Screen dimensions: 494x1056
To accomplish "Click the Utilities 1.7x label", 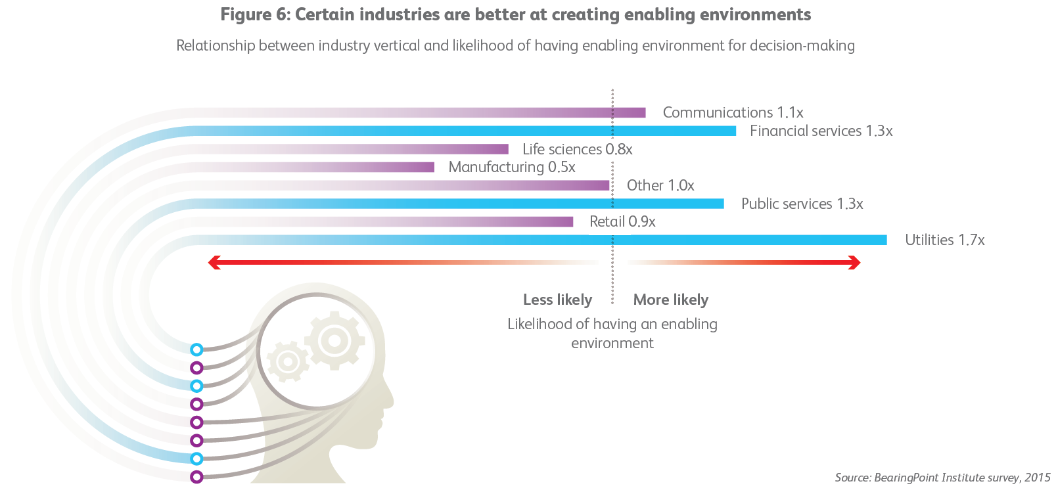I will [944, 240].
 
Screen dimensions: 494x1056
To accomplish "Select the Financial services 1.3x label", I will [821, 131].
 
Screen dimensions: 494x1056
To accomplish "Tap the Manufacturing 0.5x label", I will [511, 168].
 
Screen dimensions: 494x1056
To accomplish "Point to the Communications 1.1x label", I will [733, 113].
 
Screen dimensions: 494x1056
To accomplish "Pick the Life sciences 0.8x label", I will [577, 150].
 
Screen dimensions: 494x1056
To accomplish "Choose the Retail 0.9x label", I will [622, 222].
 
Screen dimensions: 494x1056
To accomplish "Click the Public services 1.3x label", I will [802, 204].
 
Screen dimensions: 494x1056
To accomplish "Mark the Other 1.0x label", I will [660, 186].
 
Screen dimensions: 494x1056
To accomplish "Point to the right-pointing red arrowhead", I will [855, 263].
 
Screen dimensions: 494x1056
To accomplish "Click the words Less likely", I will [557, 300].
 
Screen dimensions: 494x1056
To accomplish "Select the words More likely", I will [670, 300].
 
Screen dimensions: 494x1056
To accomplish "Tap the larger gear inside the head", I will [334, 340].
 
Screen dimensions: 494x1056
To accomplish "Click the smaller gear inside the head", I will [287, 361].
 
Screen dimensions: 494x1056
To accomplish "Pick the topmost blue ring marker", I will [196, 349].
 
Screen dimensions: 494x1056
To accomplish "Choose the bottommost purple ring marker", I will [196, 477].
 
